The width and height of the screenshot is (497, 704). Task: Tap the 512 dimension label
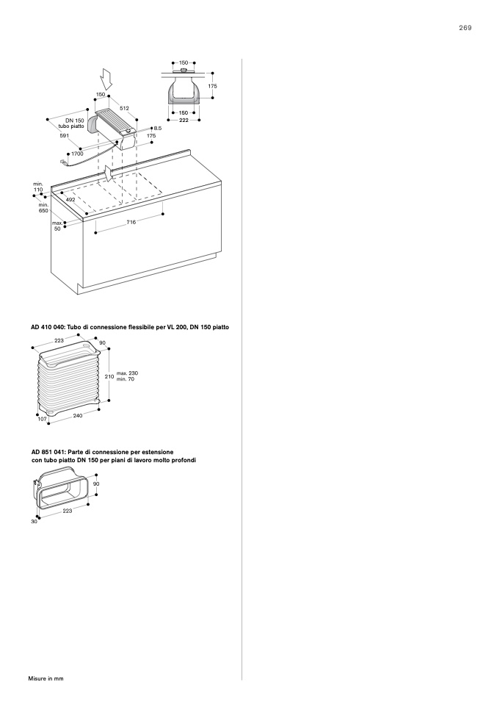pyautogui.click(x=125, y=108)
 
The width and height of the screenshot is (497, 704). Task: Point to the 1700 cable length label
pyautogui.click(x=77, y=154)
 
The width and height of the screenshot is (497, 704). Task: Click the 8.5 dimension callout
pyautogui.click(x=157, y=128)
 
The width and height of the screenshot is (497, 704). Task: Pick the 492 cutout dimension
pyautogui.click(x=70, y=199)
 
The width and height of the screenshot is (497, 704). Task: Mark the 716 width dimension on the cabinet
pyautogui.click(x=131, y=221)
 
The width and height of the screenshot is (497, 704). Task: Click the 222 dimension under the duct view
pyautogui.click(x=184, y=119)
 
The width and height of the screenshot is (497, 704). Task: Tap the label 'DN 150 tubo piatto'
pyautogui.click(x=74, y=123)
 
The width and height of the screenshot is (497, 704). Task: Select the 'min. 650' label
pyautogui.click(x=43, y=208)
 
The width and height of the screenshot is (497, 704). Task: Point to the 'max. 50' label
pyautogui.click(x=57, y=226)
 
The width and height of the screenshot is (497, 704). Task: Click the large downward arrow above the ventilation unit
pyautogui.click(x=106, y=77)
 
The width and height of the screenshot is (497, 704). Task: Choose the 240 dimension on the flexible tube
pyautogui.click(x=78, y=415)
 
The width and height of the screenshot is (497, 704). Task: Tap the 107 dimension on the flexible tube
pyautogui.click(x=42, y=419)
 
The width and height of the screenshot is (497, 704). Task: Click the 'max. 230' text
pyautogui.click(x=127, y=373)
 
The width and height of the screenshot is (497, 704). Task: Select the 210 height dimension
pyautogui.click(x=109, y=376)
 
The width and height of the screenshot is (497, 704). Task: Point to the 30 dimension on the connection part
pyautogui.click(x=34, y=521)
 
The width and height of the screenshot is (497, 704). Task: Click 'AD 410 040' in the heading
pyautogui.click(x=48, y=326)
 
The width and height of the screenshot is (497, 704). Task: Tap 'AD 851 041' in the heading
pyautogui.click(x=48, y=451)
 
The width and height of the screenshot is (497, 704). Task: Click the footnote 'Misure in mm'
pyautogui.click(x=46, y=678)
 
